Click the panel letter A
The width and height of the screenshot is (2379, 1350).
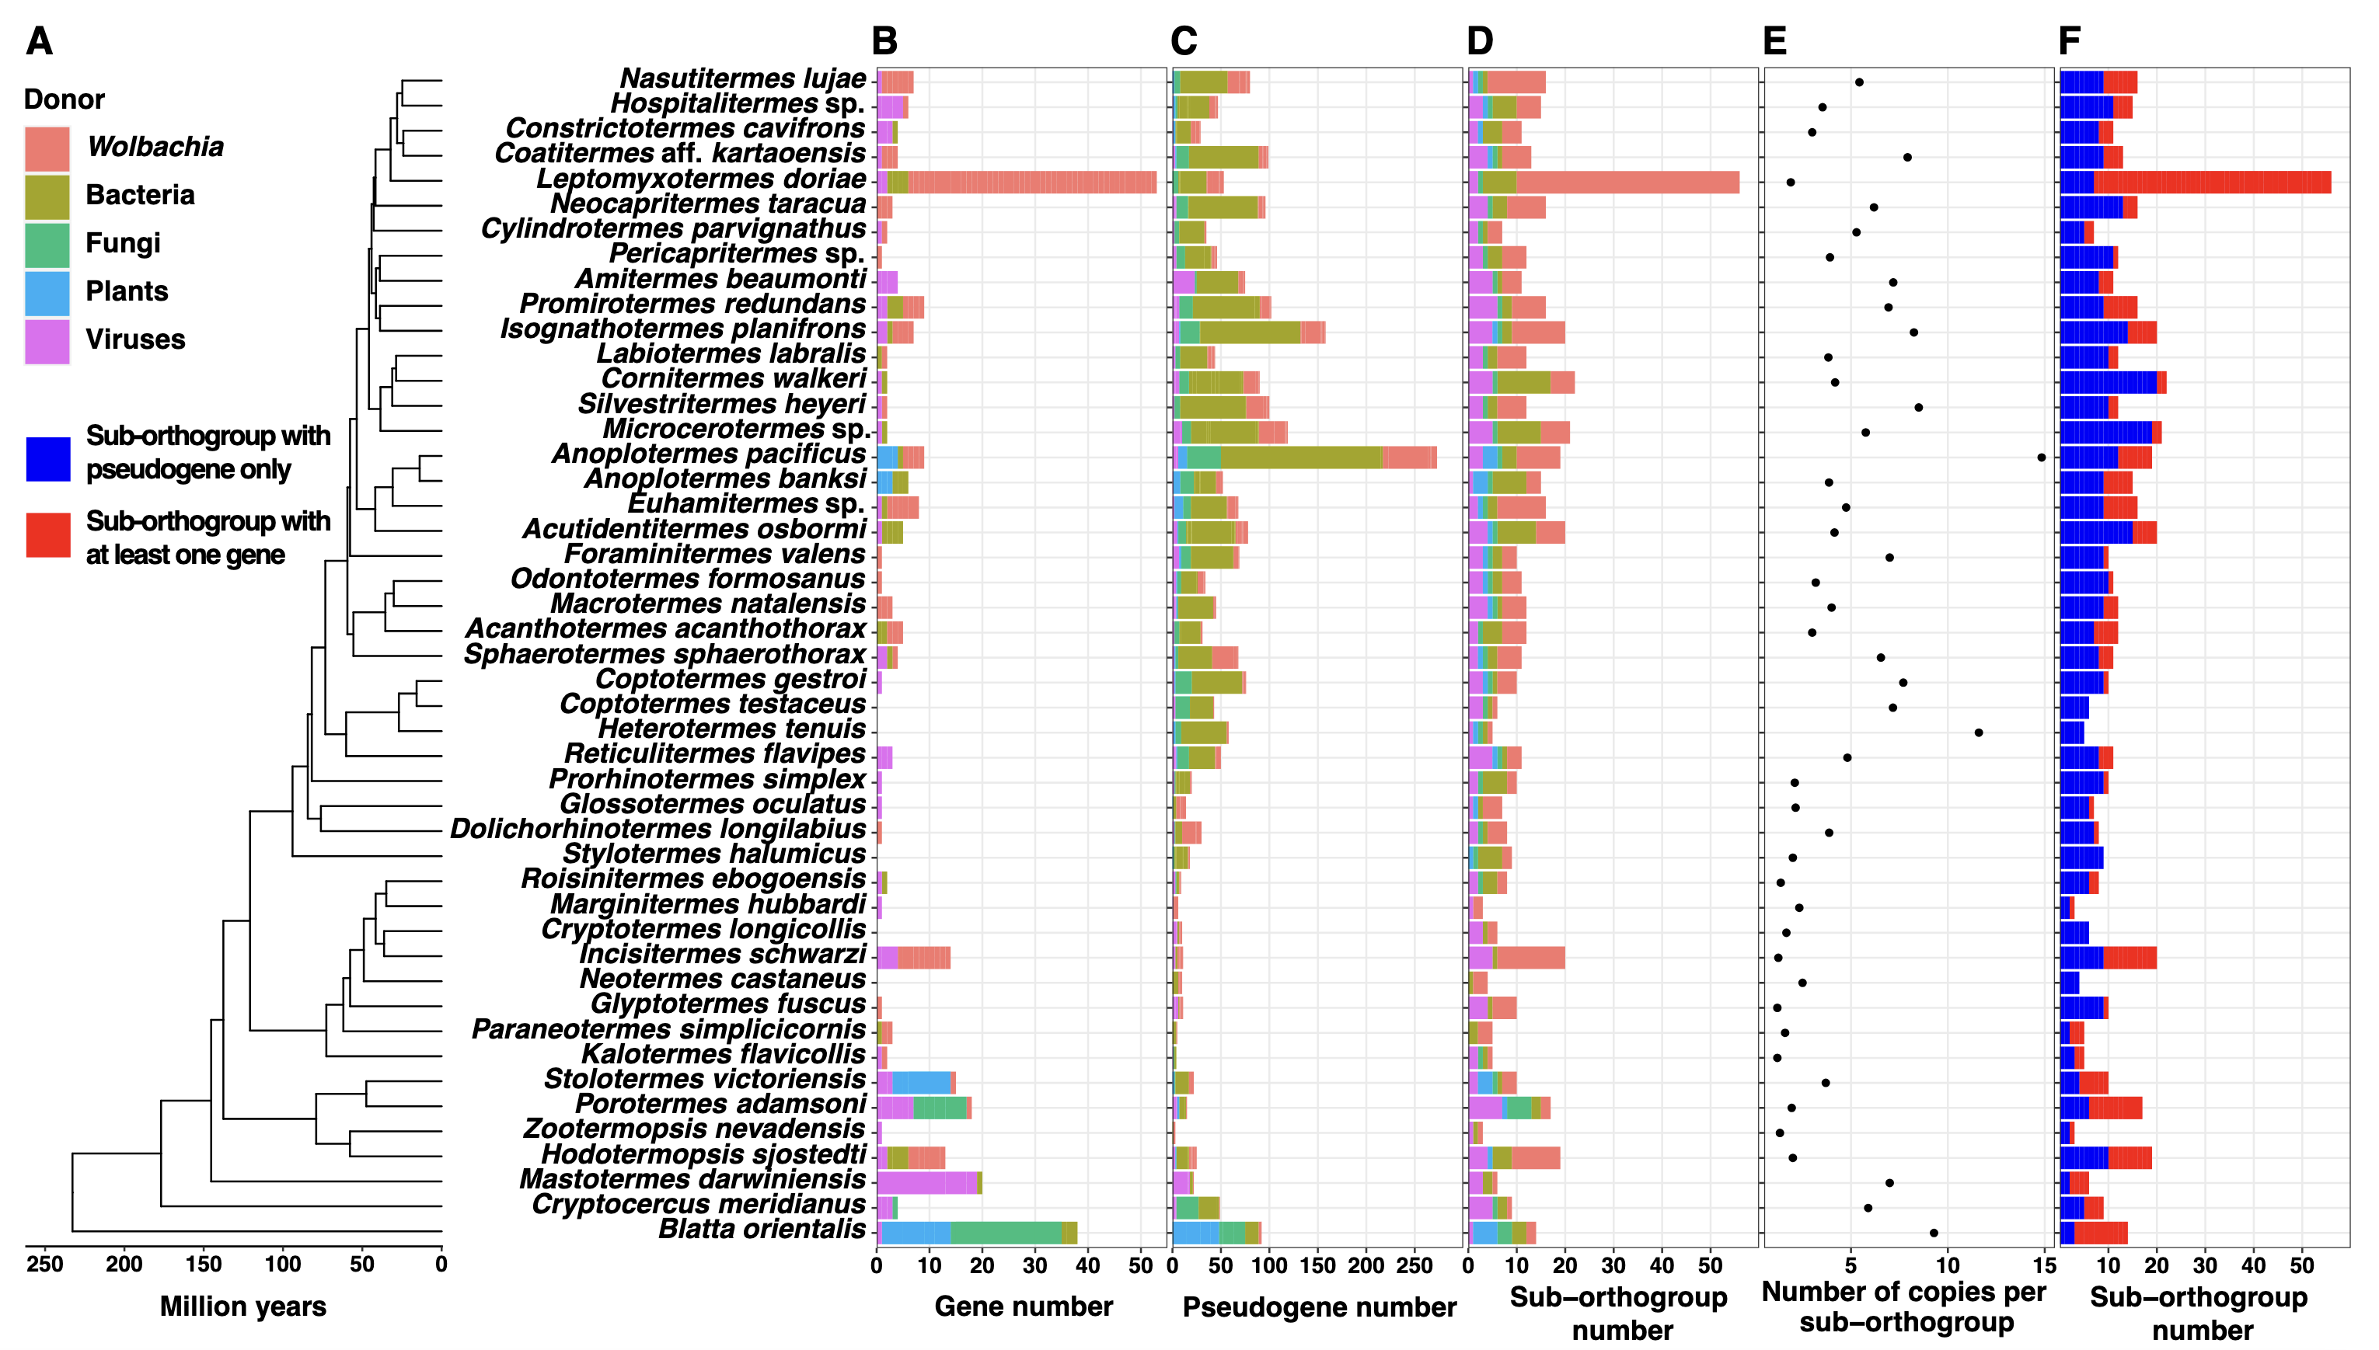click(39, 42)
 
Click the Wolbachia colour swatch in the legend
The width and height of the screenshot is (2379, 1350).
click(47, 148)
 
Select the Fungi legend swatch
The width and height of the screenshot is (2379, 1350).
click(47, 245)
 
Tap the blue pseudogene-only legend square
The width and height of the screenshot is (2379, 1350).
click(48, 459)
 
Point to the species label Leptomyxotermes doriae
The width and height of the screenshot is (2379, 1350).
click(701, 179)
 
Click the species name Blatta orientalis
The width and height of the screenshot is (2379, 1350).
click(762, 1230)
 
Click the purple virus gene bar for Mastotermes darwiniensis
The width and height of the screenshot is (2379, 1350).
click(926, 1182)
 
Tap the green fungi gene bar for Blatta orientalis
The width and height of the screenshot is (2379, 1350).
click(1006, 1232)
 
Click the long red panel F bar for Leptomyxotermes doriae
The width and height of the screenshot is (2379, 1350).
click(2212, 183)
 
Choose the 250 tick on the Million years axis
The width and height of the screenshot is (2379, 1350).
click(44, 1264)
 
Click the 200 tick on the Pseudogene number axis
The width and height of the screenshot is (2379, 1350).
click(1366, 1264)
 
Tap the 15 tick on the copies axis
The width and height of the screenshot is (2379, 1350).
click(2044, 1264)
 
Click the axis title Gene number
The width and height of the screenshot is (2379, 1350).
click(1023, 1307)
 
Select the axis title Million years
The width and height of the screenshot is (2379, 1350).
click(243, 1307)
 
